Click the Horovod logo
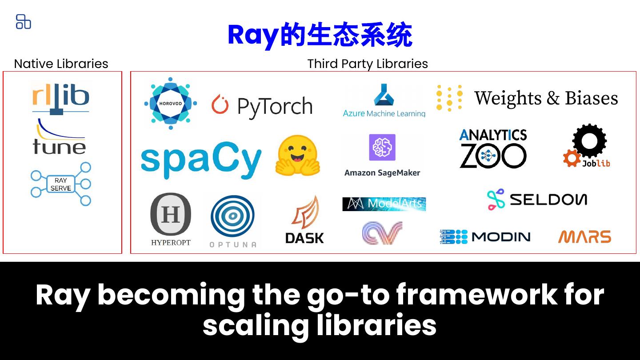coord(171,104)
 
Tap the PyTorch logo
coord(262,106)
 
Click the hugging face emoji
coord(297,156)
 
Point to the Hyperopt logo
coord(171,219)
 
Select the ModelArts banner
coord(384,204)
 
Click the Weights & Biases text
coord(546,98)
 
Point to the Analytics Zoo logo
coord(493,149)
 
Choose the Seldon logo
coord(537,199)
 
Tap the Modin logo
coord(485,237)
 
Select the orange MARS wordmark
coord(584,237)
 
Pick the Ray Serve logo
coord(61,184)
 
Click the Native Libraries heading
coord(61,64)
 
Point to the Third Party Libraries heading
coord(368,64)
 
